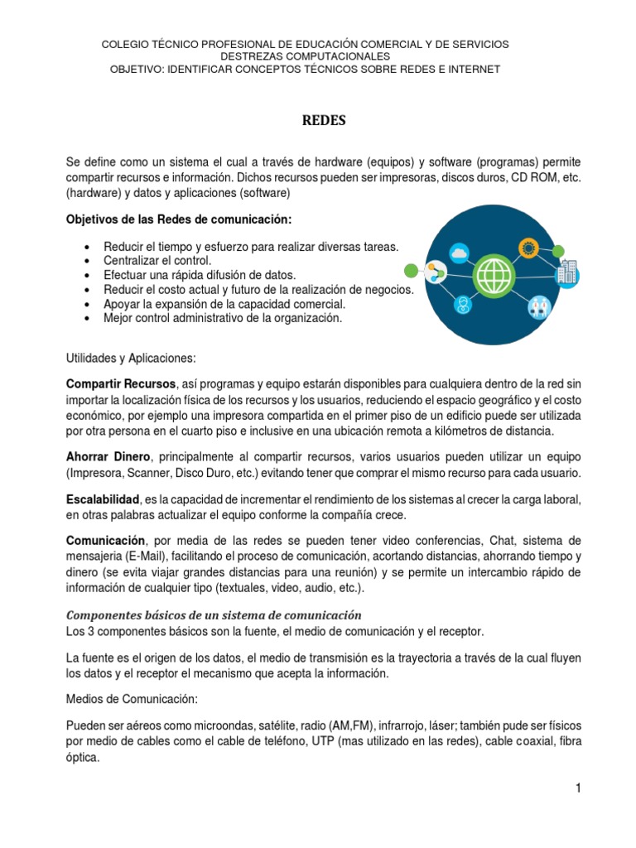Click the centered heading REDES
323,121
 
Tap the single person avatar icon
462,304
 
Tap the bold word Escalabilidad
103,499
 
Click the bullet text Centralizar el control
158,261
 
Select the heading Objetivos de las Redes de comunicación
179,219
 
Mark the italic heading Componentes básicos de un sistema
214,615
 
